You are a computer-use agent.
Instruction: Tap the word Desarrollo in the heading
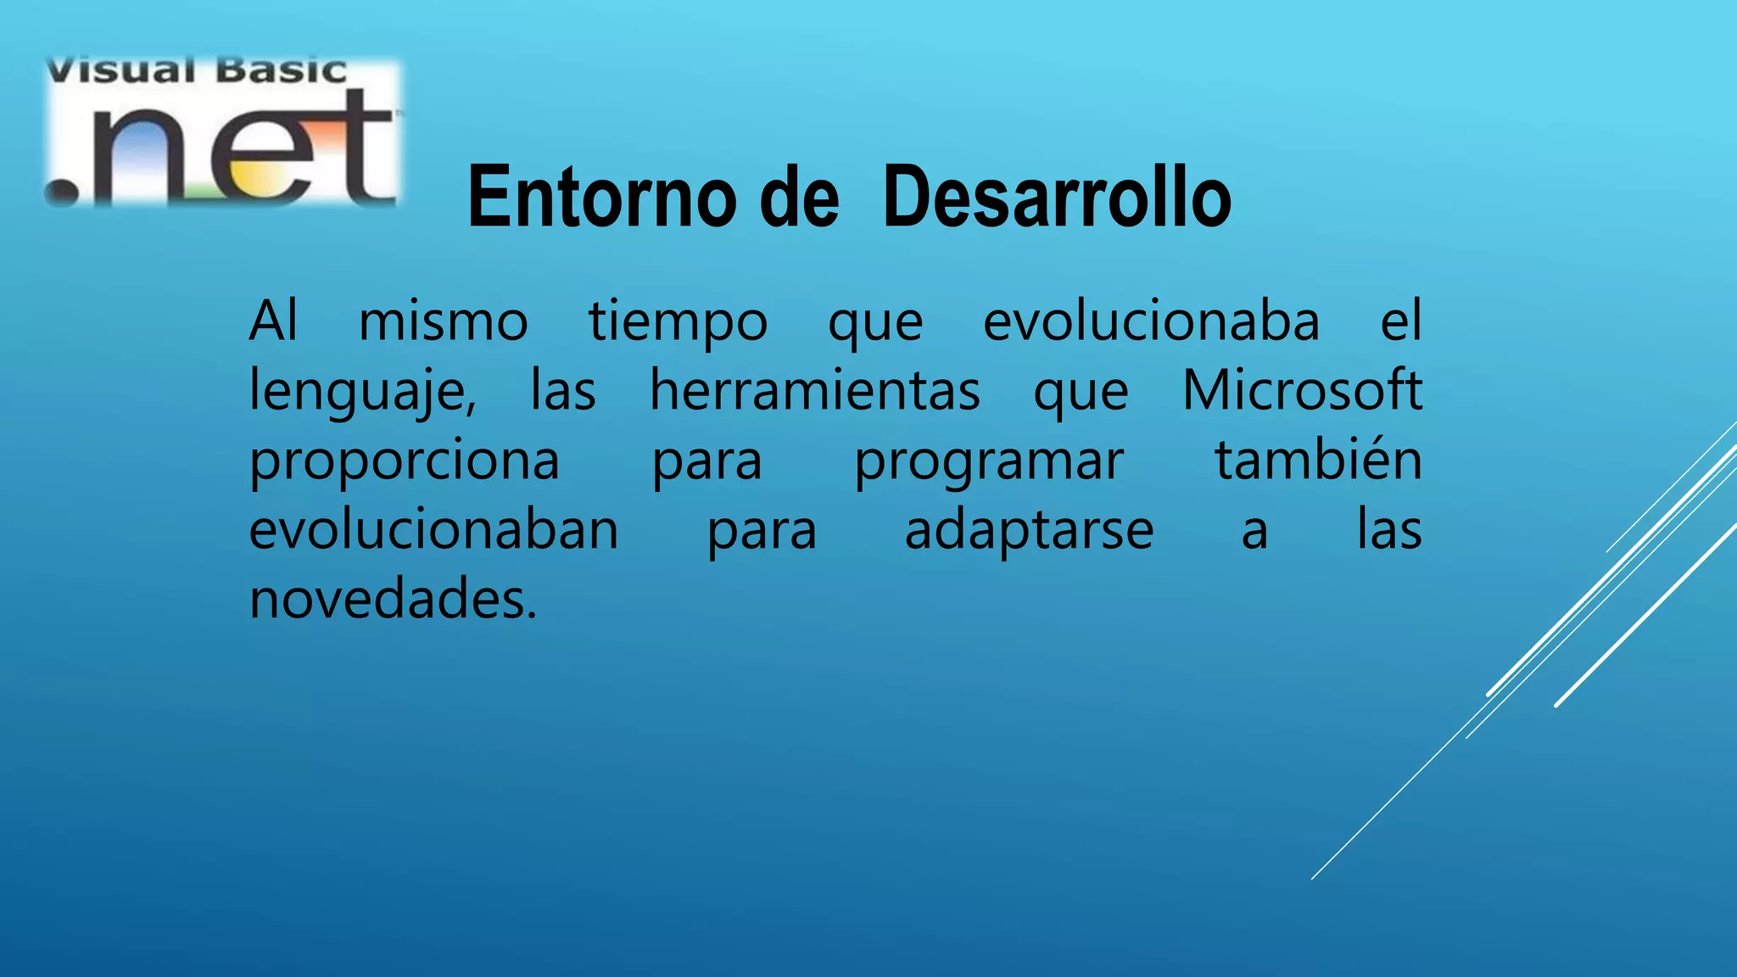coord(1056,198)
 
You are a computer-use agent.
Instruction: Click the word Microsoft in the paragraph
coord(1301,391)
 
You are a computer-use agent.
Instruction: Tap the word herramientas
coord(814,391)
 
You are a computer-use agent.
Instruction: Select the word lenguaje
coord(361,393)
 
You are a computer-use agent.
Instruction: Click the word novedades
coord(393,599)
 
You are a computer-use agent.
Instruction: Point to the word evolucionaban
coord(433,530)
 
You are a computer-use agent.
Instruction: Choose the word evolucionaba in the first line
coord(1151,322)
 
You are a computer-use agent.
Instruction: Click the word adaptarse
coord(1028,532)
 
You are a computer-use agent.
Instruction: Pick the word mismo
coord(443,322)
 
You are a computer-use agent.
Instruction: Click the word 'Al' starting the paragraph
coord(273,321)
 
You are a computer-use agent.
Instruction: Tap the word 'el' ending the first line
coord(1400,321)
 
